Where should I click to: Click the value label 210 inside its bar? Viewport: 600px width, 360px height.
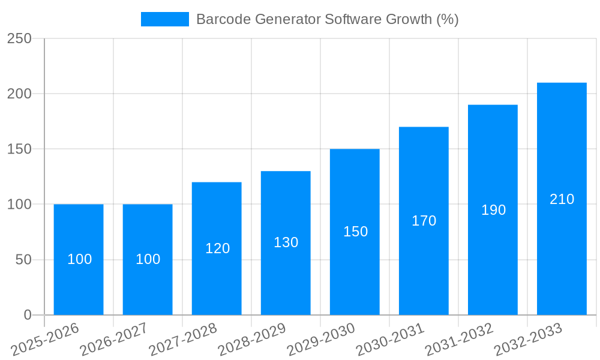[x=562, y=199]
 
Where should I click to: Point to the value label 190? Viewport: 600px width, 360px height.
[x=493, y=210]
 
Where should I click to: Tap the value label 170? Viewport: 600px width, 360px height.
[x=424, y=221]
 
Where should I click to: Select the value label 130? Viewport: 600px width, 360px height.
[x=286, y=242]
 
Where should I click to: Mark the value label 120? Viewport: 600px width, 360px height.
[x=217, y=248]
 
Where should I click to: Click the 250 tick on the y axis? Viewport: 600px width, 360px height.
[x=19, y=38]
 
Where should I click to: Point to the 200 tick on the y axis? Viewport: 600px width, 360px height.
[x=19, y=94]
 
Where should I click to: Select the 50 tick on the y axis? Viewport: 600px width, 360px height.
[x=23, y=260]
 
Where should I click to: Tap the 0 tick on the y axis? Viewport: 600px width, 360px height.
[x=27, y=315]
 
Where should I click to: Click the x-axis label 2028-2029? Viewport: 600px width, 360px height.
[x=251, y=339]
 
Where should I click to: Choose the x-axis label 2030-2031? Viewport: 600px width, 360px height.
[x=389, y=339]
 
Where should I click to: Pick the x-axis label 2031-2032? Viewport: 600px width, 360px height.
[x=458, y=339]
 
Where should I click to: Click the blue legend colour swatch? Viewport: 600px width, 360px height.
[x=164, y=19]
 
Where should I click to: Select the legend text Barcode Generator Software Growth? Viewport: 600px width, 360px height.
[x=327, y=19]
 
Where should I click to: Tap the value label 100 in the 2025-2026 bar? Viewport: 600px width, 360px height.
[x=79, y=259]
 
